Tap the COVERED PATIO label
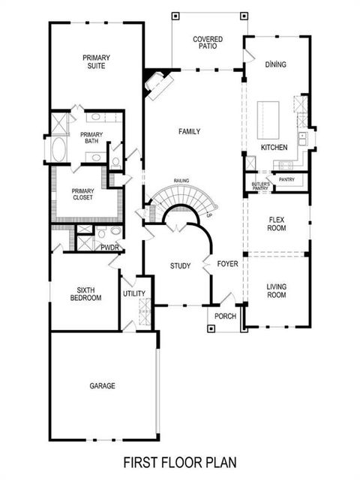[x=208, y=43]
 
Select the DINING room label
[x=275, y=64]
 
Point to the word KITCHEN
[x=274, y=148]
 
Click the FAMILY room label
[x=190, y=131]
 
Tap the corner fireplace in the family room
[x=157, y=84]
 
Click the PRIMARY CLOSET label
[x=83, y=195]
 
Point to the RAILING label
[x=181, y=181]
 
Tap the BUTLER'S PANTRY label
[x=261, y=187]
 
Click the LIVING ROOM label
[x=276, y=291]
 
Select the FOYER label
[x=227, y=264]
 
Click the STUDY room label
[x=180, y=265]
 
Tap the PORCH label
[x=225, y=316]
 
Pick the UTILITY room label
[x=134, y=293]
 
